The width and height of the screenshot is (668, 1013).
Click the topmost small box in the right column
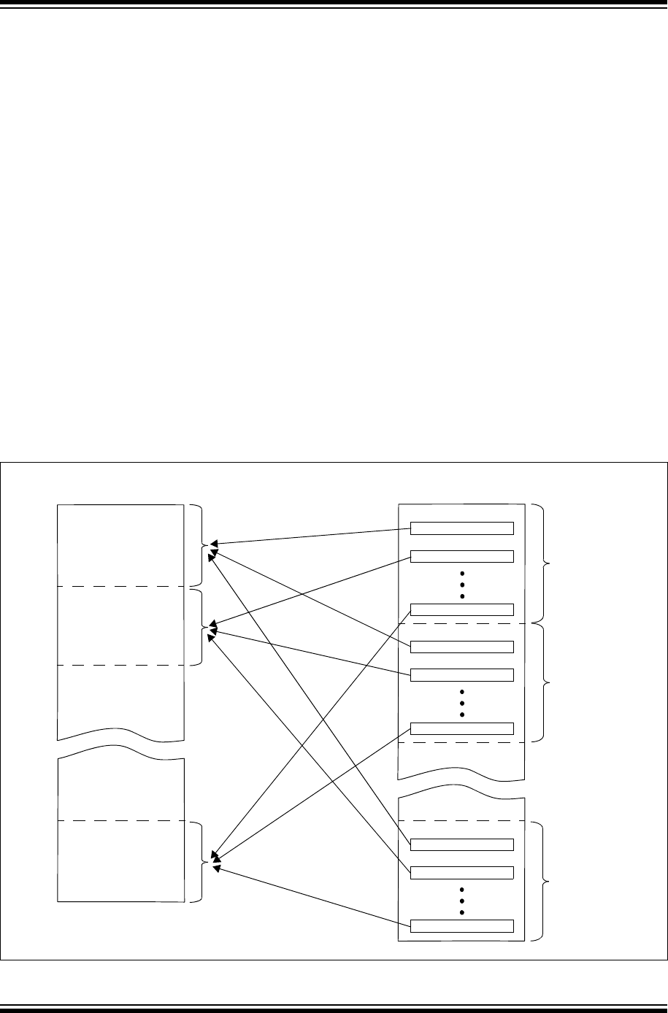[462, 528]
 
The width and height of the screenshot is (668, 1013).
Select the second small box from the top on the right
[462, 556]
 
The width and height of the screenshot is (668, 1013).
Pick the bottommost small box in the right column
[462, 926]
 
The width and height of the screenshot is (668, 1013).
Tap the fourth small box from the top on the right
[462, 647]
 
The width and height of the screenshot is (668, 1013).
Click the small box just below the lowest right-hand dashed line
[462, 844]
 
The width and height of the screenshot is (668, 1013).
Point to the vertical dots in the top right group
[462, 584]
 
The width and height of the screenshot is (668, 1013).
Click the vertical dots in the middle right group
[462, 702]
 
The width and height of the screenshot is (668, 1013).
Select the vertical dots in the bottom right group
[462, 900]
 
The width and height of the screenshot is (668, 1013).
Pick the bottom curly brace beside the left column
[202, 862]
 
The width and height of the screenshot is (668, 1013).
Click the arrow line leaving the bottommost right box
[314, 898]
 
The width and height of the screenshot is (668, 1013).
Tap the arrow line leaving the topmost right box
[314, 536]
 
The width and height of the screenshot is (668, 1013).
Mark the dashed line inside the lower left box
[120, 821]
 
